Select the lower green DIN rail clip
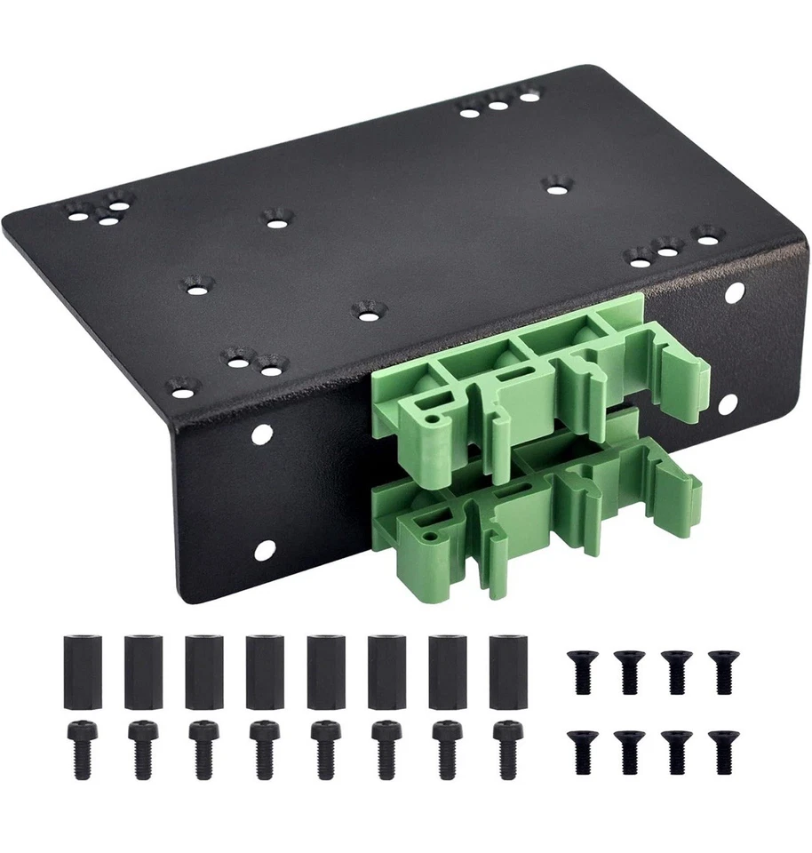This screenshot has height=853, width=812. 533,515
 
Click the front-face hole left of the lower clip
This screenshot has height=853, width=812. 263,551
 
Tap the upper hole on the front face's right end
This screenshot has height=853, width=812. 736,291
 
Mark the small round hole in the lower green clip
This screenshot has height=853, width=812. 430,536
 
